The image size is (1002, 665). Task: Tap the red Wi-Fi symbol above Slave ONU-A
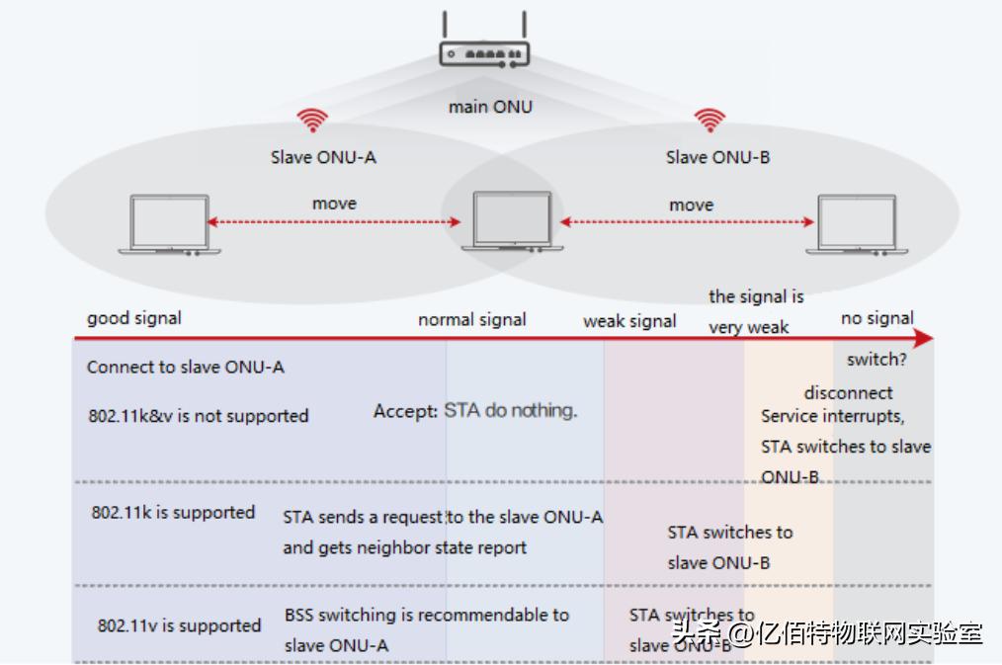pyautogui.click(x=312, y=122)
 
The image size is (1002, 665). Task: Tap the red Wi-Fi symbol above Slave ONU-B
pyautogui.click(x=710, y=121)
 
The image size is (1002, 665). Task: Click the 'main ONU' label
pyautogui.click(x=490, y=106)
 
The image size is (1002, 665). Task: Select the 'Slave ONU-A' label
pyautogui.click(x=323, y=157)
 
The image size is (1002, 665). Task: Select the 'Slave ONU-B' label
pyautogui.click(x=717, y=157)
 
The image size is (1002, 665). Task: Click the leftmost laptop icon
pyautogui.click(x=170, y=225)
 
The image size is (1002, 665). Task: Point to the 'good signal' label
pyautogui.click(x=134, y=318)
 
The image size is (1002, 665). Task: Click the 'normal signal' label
pyautogui.click(x=471, y=320)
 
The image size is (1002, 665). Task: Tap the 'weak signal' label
pyautogui.click(x=629, y=321)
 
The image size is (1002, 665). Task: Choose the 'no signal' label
pyautogui.click(x=877, y=318)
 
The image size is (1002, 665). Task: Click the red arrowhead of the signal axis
pyautogui.click(x=923, y=339)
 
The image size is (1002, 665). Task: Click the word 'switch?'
pyautogui.click(x=877, y=360)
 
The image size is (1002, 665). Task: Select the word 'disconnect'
pyautogui.click(x=848, y=392)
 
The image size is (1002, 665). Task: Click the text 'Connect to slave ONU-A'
pyautogui.click(x=185, y=368)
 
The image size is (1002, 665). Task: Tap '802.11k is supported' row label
pyautogui.click(x=173, y=513)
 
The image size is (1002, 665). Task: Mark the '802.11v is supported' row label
pyautogui.click(x=179, y=625)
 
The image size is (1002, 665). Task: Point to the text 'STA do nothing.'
pyautogui.click(x=510, y=410)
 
